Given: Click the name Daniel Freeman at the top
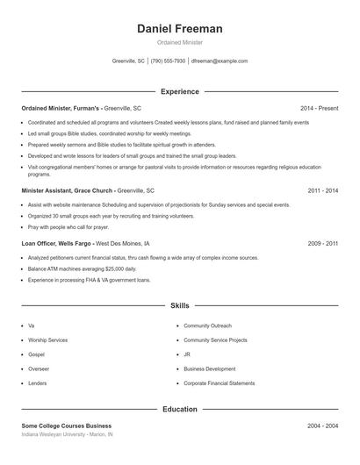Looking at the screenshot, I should click(x=180, y=29).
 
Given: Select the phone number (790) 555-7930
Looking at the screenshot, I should click(x=168, y=61).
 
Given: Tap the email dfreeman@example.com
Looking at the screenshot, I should click(x=219, y=61).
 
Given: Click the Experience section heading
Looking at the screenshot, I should click(x=180, y=91).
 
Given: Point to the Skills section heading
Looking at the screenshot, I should click(x=180, y=306).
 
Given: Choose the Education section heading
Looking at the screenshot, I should click(x=180, y=409).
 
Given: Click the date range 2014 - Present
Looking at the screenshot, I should click(x=319, y=108).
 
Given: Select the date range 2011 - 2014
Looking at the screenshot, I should click(x=323, y=190).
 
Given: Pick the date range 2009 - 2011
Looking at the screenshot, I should click(x=323, y=243).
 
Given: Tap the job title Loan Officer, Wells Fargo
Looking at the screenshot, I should click(x=56, y=243).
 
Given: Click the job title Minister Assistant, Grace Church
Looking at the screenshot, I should click(x=68, y=190).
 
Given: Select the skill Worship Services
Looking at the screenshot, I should click(x=47, y=340).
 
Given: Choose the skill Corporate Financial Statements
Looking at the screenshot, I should click(x=220, y=383).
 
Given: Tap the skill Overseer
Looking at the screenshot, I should click(x=40, y=368).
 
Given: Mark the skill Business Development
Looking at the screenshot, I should click(x=212, y=368).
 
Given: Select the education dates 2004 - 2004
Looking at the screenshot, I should click(x=323, y=426).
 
